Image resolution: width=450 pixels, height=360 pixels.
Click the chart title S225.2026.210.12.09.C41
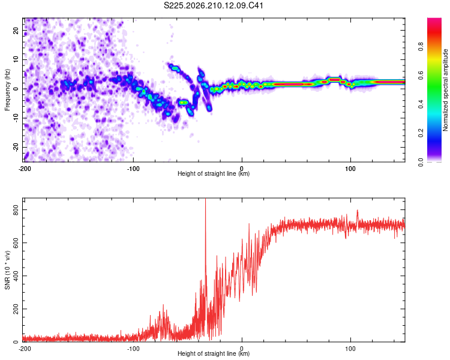click(213, 5)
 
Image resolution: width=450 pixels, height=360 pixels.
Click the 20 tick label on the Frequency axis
click(16, 30)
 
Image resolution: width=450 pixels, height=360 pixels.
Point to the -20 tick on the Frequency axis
click(16, 147)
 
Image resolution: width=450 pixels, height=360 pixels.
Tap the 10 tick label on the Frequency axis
click(16, 59)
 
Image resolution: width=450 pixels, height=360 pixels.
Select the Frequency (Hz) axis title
click(7, 90)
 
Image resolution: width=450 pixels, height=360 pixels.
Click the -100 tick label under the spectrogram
click(133, 169)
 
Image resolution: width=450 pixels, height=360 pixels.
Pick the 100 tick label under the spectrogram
click(350, 169)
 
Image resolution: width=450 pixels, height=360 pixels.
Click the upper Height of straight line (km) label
click(214, 173)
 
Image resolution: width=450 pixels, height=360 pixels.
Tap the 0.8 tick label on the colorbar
click(421, 46)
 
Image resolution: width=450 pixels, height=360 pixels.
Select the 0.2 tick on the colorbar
click(421, 133)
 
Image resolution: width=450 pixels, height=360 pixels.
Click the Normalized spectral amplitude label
click(445, 90)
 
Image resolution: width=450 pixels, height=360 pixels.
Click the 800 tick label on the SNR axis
click(16, 210)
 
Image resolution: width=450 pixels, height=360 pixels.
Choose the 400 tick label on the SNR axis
click(16, 276)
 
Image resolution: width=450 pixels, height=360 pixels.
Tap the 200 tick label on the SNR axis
click(16, 309)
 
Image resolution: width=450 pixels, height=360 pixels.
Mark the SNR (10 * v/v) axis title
click(7, 270)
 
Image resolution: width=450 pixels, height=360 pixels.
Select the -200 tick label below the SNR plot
click(25, 349)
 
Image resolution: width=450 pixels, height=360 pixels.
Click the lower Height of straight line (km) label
click(214, 353)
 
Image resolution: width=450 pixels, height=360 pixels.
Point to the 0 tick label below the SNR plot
click(242, 349)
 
